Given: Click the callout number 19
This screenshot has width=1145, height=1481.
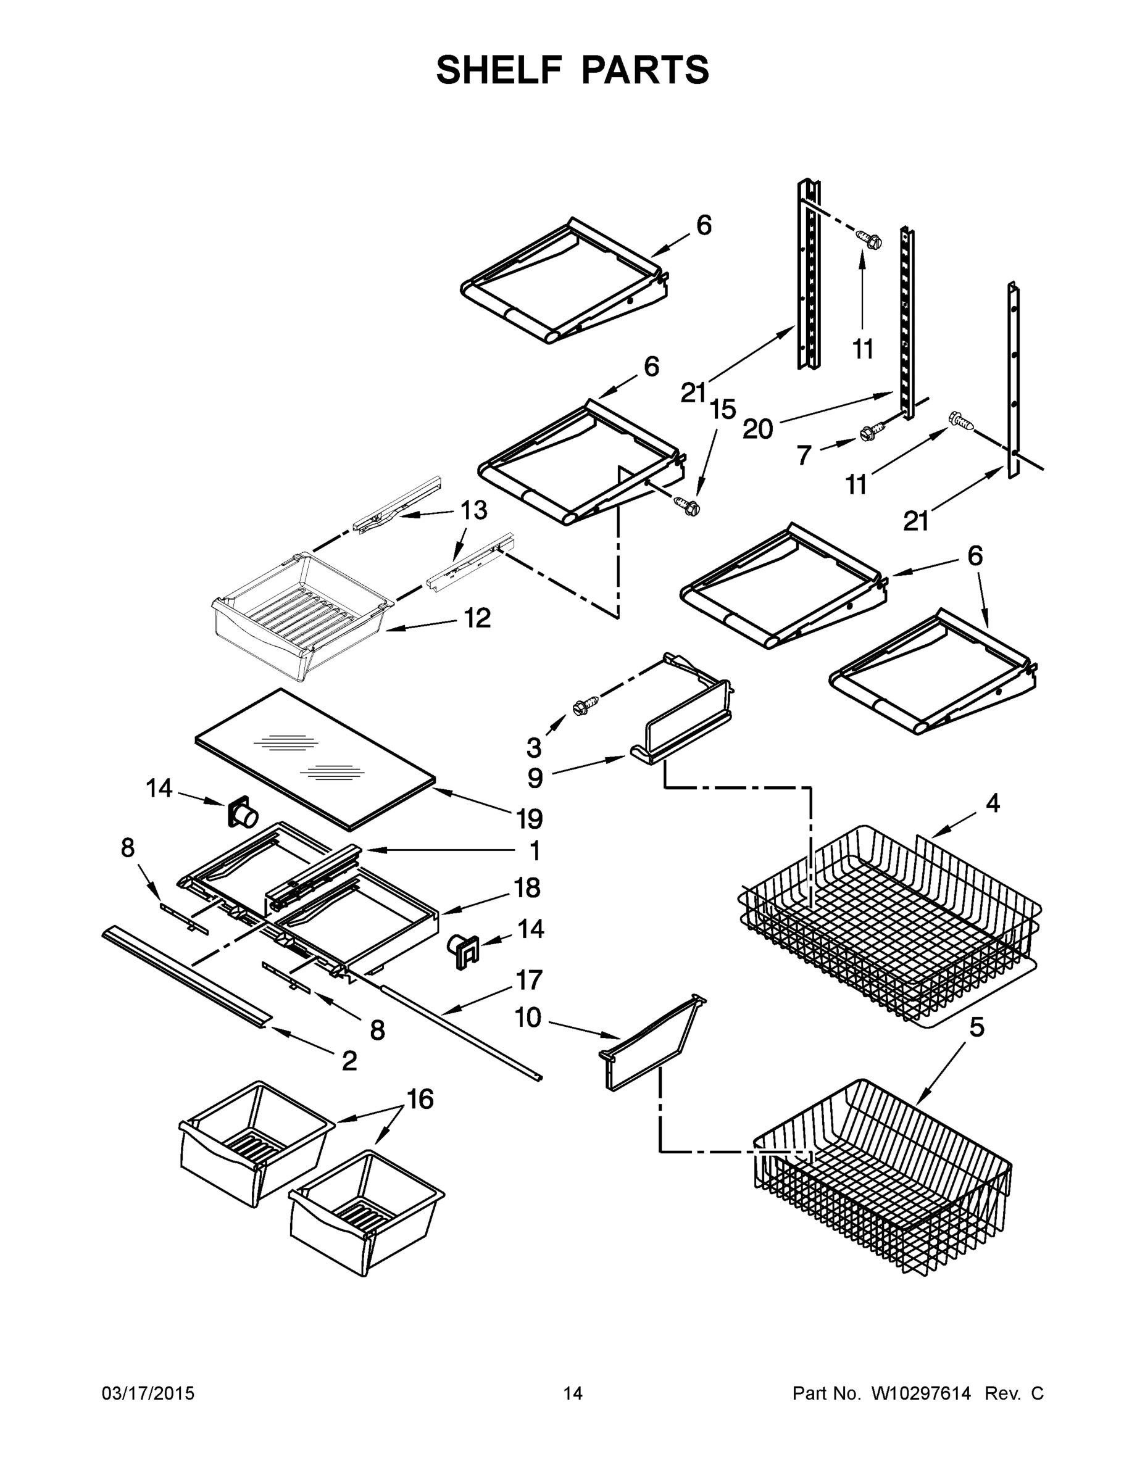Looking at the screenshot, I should point(530,819).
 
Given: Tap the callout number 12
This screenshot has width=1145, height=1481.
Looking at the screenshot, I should point(477,618).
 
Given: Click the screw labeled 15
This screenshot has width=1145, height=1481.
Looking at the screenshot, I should point(686,505).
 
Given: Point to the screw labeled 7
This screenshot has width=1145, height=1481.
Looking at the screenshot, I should point(872,431).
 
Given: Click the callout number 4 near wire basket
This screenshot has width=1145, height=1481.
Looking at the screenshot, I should point(993,803).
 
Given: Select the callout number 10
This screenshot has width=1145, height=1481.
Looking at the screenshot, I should point(527,1018).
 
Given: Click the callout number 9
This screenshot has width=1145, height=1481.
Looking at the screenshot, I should point(535,778).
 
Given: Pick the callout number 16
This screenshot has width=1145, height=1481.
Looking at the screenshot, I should point(420,1099).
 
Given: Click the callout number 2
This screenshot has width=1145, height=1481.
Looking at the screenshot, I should point(349,1060).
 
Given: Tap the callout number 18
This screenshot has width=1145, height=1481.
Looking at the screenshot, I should point(527,887).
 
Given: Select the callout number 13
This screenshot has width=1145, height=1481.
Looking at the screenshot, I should point(474,510).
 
